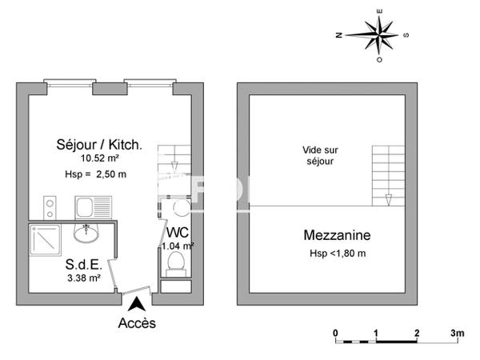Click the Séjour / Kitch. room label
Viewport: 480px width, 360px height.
pos(99,145)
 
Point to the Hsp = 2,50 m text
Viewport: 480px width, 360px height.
pos(95,174)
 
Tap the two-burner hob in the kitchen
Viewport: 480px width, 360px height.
pos(50,208)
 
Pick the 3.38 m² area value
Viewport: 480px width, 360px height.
pos(83,278)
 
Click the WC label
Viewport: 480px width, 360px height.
pos(178,233)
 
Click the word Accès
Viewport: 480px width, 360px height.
pos(137,323)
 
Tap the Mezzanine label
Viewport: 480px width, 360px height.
pos(336,236)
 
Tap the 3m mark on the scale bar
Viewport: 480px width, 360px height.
pos(457,332)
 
